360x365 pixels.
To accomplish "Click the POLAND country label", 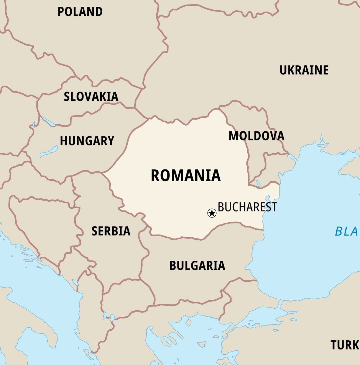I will coord(80,12).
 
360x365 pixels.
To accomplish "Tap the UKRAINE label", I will coord(304,70).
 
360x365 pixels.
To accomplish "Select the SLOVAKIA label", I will coord(91,97).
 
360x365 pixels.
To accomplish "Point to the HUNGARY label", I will coord(87,141).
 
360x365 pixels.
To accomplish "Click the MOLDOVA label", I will coord(256,136).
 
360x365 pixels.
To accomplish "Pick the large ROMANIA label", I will coord(186,176).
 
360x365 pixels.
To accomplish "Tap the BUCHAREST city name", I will coord(247,207).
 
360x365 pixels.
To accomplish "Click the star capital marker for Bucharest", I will coord(212,213).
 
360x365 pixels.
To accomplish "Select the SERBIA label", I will coord(111,231).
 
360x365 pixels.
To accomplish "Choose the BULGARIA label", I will coord(197,266).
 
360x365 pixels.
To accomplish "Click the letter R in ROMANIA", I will coord(155,176).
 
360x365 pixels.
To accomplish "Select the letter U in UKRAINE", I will coord(283,70).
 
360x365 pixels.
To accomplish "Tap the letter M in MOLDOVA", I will coord(233,136).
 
